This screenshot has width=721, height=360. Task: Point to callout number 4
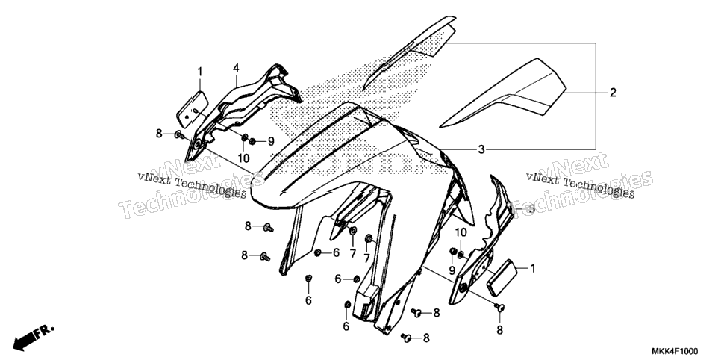236,69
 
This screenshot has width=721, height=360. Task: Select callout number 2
613,93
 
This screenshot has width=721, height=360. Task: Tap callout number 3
481,149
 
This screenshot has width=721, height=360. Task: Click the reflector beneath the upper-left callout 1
193,109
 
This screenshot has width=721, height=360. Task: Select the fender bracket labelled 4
239,111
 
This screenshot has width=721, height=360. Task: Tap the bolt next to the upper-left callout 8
179,135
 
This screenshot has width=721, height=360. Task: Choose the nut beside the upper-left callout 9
252,141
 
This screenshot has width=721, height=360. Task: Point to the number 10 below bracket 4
244,158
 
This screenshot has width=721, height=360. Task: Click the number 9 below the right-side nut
452,270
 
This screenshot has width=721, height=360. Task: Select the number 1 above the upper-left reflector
200,72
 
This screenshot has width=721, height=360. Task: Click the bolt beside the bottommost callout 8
405,338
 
